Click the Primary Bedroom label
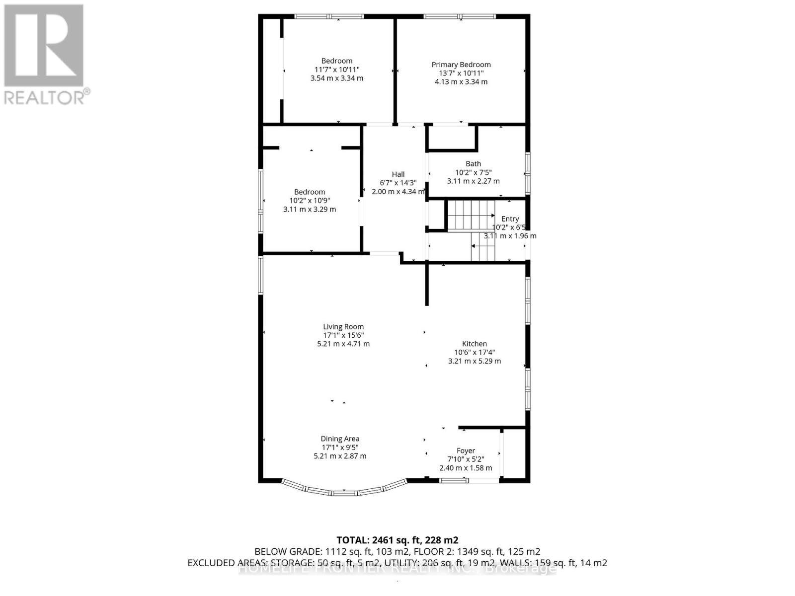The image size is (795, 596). pos(461,65)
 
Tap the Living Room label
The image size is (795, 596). pos(343,327)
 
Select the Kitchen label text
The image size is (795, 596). pos(474,344)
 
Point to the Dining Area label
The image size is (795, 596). pos(340,439)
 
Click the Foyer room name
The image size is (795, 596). pos(466,451)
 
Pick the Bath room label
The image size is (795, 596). pos(473,164)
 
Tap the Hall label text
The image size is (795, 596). pos(398,174)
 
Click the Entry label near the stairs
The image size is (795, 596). pos(510,219)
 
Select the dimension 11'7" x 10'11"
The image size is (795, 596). pos(336,70)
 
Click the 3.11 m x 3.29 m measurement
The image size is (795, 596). pos(310,210)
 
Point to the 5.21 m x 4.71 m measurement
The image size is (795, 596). pos(343,344)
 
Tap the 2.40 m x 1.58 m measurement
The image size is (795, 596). pos(466,468)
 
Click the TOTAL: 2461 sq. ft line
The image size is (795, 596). pos(397,540)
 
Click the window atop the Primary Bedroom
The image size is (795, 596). pos(460,16)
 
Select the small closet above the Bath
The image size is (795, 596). pos(451,137)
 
